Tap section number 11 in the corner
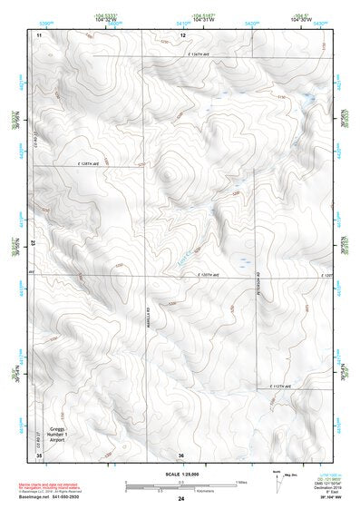[x=39, y=34]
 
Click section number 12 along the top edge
[x=182, y=34]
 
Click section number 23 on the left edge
[x=34, y=243]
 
